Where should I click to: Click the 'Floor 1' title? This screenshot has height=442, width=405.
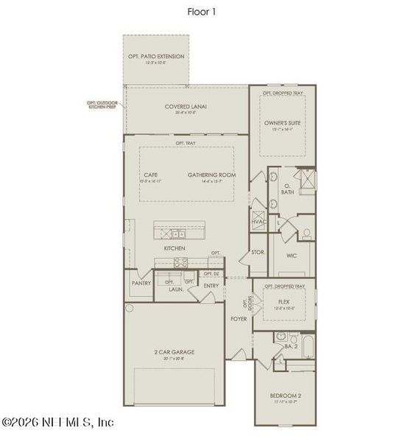[x=202, y=12]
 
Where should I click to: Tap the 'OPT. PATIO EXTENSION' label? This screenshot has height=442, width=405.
[x=156, y=56]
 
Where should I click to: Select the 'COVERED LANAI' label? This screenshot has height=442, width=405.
[x=186, y=107]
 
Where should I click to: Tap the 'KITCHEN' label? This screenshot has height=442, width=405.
[x=175, y=249]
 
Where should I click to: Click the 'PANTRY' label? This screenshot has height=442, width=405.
[x=141, y=282]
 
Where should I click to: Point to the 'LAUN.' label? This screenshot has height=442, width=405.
[x=175, y=290]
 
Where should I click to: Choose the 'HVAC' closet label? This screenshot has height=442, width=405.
[x=258, y=222]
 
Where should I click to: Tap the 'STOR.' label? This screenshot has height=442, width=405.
[x=258, y=253]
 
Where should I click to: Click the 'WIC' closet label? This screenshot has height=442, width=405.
[x=292, y=256]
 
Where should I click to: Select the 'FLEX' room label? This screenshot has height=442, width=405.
[x=283, y=302]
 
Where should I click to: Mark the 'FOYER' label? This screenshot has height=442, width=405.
[x=237, y=319]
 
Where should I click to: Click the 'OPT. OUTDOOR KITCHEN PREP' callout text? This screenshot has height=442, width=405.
[x=102, y=105]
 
